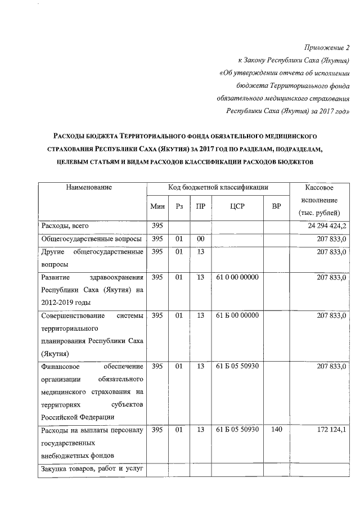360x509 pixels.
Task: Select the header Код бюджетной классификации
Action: (x=218, y=187)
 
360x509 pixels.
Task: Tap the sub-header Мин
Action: (x=157, y=206)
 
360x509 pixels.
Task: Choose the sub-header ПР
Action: (x=200, y=206)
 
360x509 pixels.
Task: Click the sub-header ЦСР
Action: (x=237, y=206)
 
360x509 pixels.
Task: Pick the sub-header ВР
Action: (x=276, y=206)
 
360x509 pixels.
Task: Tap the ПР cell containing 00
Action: (x=200, y=239)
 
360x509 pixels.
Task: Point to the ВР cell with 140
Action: (x=276, y=430)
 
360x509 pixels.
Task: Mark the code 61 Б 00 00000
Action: (x=237, y=316)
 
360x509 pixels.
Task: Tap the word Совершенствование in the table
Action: (x=75, y=316)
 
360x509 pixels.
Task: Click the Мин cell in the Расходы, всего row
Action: (x=157, y=226)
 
